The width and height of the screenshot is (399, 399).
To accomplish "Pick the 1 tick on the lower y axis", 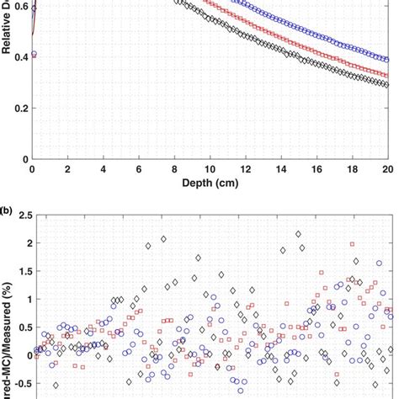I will point(22,299).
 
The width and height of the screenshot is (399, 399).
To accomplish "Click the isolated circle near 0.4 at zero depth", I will point(34,55).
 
